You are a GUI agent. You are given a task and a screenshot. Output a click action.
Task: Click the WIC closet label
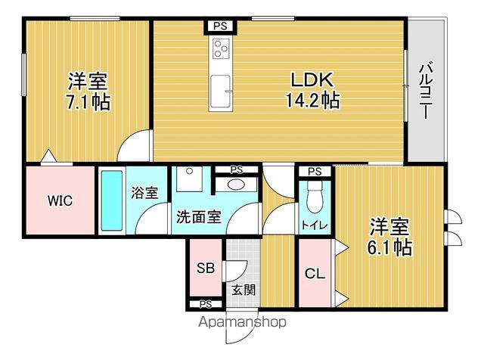click(60, 200)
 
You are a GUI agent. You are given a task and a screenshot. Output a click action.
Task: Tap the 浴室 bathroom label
click(145, 193)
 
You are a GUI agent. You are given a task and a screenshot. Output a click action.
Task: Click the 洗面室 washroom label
click(199, 217)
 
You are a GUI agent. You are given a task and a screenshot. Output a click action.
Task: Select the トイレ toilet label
click(315, 225)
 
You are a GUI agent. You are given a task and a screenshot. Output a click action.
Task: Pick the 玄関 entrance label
click(242, 288)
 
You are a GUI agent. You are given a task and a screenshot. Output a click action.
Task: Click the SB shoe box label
click(205, 268)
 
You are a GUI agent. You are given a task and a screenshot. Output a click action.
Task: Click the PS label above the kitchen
click(219, 26)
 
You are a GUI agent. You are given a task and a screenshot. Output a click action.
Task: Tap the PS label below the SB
click(205, 305)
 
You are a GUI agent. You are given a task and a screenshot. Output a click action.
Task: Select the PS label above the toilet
click(315, 172)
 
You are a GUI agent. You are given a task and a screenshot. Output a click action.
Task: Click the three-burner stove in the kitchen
click(220, 50)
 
